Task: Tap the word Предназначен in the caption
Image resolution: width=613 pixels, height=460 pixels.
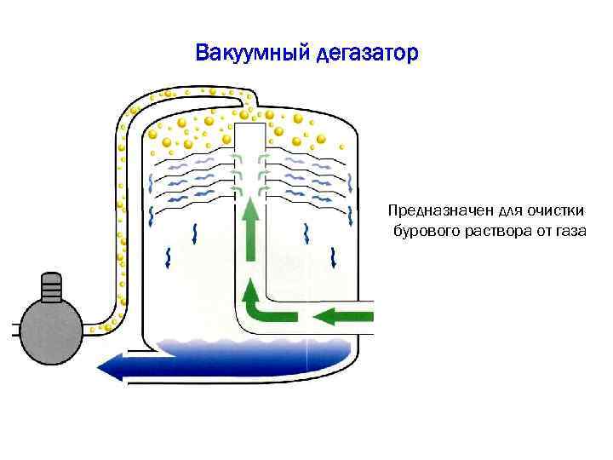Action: coord(432,210)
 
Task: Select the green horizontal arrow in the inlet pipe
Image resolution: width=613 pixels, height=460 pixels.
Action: coord(345,317)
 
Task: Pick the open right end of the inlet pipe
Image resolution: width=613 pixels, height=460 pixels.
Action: coord(375,317)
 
